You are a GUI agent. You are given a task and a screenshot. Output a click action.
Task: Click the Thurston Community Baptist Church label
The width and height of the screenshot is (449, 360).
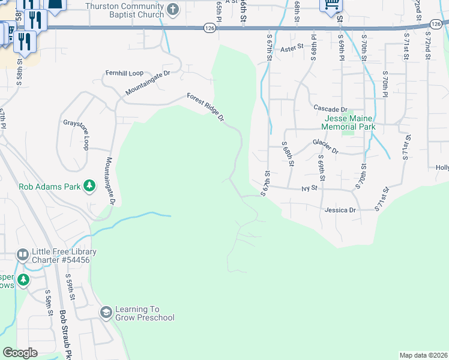tap(125, 10)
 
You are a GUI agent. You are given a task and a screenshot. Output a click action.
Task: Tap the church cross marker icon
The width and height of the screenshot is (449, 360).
tap(173, 10)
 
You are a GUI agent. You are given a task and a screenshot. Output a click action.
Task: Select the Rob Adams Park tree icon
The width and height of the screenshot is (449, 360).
tap(89, 186)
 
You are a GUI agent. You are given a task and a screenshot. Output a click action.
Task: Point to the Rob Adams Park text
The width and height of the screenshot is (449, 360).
tap(50, 187)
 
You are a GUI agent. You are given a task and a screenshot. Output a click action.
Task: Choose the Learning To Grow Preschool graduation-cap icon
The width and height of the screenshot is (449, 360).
tap(106, 313)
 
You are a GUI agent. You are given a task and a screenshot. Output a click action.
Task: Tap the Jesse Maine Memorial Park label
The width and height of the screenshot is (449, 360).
tap(348, 122)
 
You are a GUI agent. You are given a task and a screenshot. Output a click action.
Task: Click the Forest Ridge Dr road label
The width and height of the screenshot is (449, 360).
tap(205, 107)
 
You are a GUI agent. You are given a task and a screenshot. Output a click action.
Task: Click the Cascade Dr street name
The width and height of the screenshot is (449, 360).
tap(331, 109)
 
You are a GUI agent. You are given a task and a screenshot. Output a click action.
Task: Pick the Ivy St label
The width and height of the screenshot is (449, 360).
tap(309, 188)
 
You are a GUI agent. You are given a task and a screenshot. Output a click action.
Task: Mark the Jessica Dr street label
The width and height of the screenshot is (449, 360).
tap(340, 211)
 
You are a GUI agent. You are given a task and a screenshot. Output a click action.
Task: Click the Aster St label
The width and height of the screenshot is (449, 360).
tap(293, 47)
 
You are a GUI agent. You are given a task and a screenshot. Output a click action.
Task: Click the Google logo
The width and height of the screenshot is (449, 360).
tap(20, 352)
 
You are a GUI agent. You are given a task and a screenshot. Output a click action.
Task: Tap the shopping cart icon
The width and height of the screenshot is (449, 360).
tap(330, 5)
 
